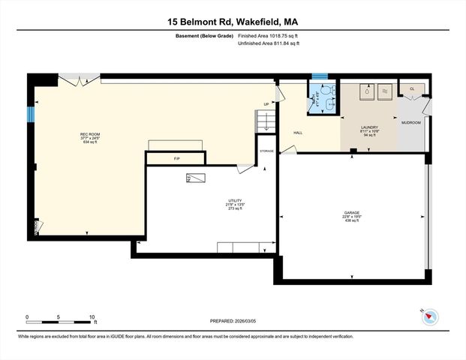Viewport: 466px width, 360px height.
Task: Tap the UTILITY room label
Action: tap(236, 200)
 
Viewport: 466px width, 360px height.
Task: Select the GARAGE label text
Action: tap(353, 213)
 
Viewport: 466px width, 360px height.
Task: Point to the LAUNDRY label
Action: tap(368, 127)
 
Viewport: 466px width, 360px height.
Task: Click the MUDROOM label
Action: tap(410, 121)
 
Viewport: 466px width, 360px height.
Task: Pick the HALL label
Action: tap(297, 132)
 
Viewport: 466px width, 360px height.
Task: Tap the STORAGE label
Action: tap(267, 151)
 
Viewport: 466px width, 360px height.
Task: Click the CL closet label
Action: tap(412, 89)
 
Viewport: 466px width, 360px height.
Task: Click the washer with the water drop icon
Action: tap(366, 91)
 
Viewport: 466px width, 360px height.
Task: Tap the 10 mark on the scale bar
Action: tap(92, 317)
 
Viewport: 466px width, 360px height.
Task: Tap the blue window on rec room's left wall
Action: tap(31, 114)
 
